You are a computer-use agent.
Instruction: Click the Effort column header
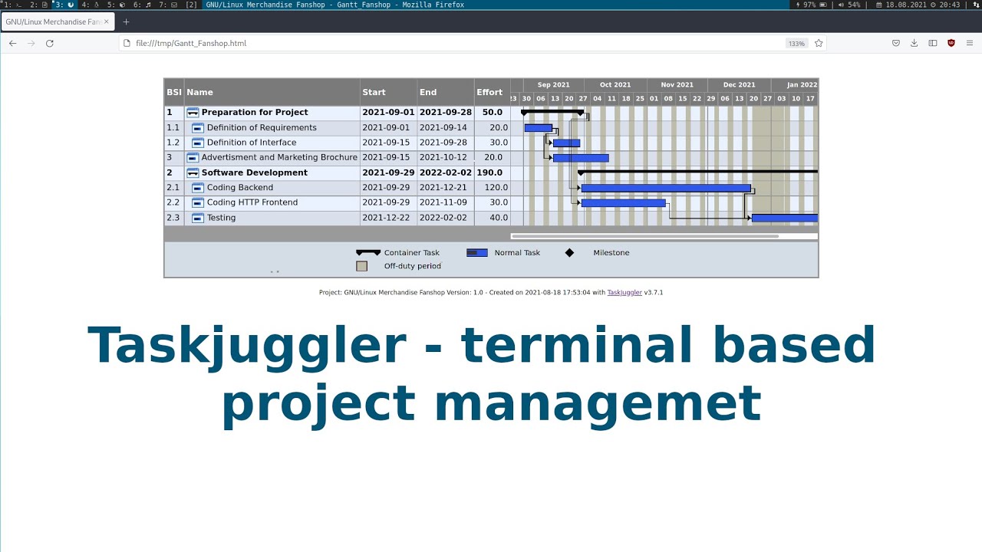tap(489, 92)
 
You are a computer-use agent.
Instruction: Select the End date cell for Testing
tap(443, 218)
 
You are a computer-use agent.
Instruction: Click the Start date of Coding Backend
tap(386, 188)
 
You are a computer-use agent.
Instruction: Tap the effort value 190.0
tap(489, 172)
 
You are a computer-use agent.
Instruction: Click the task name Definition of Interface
tap(251, 143)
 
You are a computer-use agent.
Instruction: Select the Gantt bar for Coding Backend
tap(665, 189)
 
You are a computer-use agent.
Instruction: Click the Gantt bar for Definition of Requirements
tap(538, 128)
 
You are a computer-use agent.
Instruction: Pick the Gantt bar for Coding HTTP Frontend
tap(623, 203)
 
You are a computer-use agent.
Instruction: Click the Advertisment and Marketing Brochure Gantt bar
tap(581, 158)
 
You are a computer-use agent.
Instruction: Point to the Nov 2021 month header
tap(677, 85)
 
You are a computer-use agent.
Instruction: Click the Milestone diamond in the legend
tap(569, 253)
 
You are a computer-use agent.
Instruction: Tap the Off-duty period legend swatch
tap(362, 266)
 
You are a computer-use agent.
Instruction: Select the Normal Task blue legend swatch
tap(476, 253)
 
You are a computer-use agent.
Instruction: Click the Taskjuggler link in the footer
tap(624, 292)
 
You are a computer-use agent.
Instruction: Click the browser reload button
tap(50, 44)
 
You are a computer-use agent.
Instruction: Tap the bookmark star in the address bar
tap(819, 44)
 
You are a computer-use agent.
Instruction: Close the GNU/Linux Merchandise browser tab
tap(106, 22)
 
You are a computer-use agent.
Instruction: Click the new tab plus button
tap(127, 22)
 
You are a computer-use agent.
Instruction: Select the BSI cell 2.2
tap(173, 202)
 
